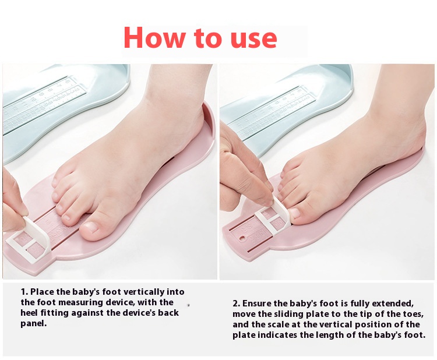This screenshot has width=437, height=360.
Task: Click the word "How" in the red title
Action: click(x=154, y=37)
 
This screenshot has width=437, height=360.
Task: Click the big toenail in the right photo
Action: click(x=295, y=213)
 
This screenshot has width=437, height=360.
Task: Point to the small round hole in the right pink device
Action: click(x=244, y=238)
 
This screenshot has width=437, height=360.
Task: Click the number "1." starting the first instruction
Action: click(x=24, y=292)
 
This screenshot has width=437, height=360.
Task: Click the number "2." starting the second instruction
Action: click(x=237, y=303)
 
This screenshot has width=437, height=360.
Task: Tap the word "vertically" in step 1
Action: click(x=143, y=292)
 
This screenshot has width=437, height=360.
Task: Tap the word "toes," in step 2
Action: click(x=413, y=315)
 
